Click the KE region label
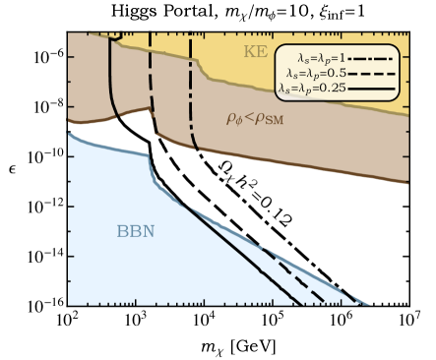click(x=255, y=51)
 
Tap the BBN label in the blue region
click(x=137, y=232)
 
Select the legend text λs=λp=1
click(x=314, y=58)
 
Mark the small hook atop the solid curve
click(x=116, y=37)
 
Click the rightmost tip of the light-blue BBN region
click(x=369, y=304)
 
